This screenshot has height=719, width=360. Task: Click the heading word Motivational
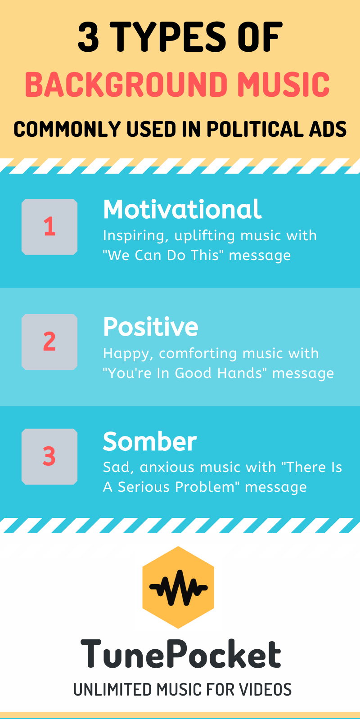[x=182, y=209]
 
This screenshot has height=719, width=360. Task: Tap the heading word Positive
[x=151, y=327]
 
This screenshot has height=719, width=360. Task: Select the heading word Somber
[x=150, y=442]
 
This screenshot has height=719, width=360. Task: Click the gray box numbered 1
[x=49, y=227]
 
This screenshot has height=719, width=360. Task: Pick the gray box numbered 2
[x=49, y=342]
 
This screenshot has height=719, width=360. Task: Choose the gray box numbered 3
[x=49, y=456]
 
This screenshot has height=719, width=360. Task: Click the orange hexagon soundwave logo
[x=178, y=588]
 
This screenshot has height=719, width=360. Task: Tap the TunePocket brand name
[x=181, y=653]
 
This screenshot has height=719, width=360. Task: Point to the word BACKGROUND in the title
[x=126, y=84]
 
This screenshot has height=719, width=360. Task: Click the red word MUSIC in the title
[x=283, y=84]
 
